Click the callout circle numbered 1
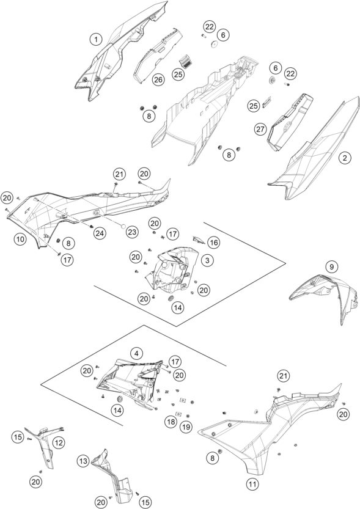pos(96,40)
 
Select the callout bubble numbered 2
pos(345,158)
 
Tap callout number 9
pos(331,267)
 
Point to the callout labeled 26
pos(158,79)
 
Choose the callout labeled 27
pos(260,130)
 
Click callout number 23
pos(132,232)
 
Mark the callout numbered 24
pos(100,232)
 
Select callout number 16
pos(213,242)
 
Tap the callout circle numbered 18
pos(171,422)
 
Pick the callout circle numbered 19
pos(186,427)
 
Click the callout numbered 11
pos(252,485)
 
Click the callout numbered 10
pos(20,240)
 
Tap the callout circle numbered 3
pos(207,260)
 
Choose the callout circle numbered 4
pos(136,354)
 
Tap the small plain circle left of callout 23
pos(123,227)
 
